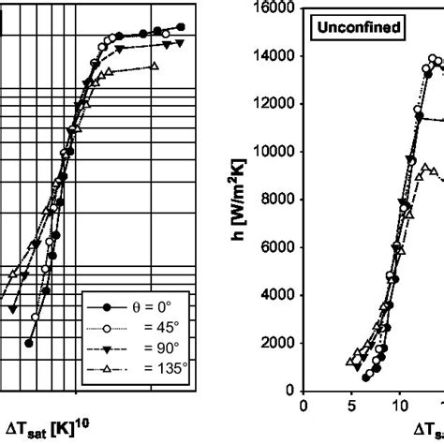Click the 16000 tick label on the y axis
(x=272, y=8)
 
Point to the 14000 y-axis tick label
(x=272, y=56)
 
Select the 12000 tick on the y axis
(x=272, y=104)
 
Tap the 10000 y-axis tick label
(x=272, y=152)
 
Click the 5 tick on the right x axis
(x=351, y=407)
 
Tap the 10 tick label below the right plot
(x=399, y=407)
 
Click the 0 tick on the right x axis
(x=303, y=407)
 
